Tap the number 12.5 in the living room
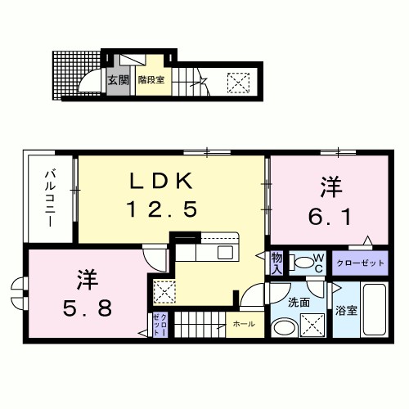pyautogui.click(x=161, y=210)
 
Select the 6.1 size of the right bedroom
pyautogui.click(x=330, y=217)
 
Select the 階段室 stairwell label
pyautogui.click(x=152, y=80)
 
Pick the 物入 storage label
pyautogui.click(x=276, y=263)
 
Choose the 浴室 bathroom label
pyautogui.click(x=345, y=310)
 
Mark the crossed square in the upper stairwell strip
pyautogui.click(x=238, y=82)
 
